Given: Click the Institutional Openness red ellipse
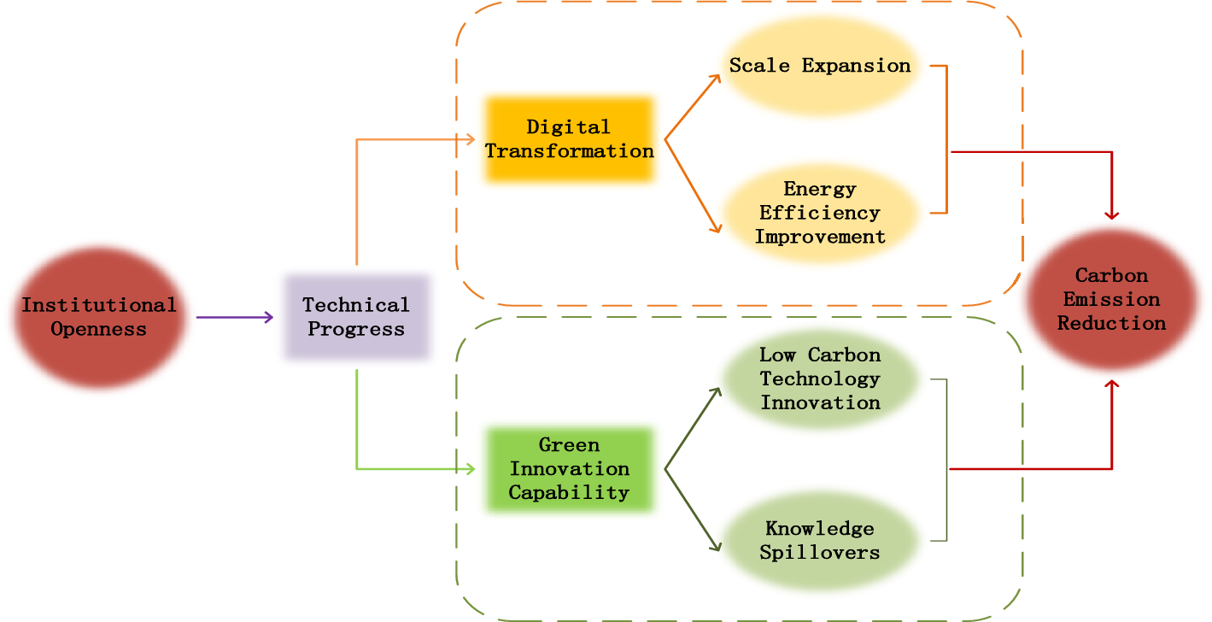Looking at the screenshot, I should coord(99,317).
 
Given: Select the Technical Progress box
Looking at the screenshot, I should coord(356,317).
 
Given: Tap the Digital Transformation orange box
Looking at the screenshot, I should coord(569,139).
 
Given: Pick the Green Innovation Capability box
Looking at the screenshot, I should coord(569,469).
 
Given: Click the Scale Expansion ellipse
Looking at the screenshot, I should coord(820,66).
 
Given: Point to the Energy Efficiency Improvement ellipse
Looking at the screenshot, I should coord(820,213).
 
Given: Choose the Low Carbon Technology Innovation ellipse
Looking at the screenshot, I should coord(820,378).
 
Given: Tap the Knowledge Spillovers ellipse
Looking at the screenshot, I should coord(820,541).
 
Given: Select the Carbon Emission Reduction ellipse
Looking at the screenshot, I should coord(1111,299).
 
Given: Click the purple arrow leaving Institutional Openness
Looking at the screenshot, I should coord(235,318).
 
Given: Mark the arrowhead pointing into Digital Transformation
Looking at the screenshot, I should coord(469,139).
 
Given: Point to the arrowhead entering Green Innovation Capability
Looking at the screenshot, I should coord(469,469).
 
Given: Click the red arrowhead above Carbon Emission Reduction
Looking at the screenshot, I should coord(1111,214).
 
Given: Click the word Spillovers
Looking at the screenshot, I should coord(820,553).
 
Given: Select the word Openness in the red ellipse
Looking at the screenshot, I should coord(99,329).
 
